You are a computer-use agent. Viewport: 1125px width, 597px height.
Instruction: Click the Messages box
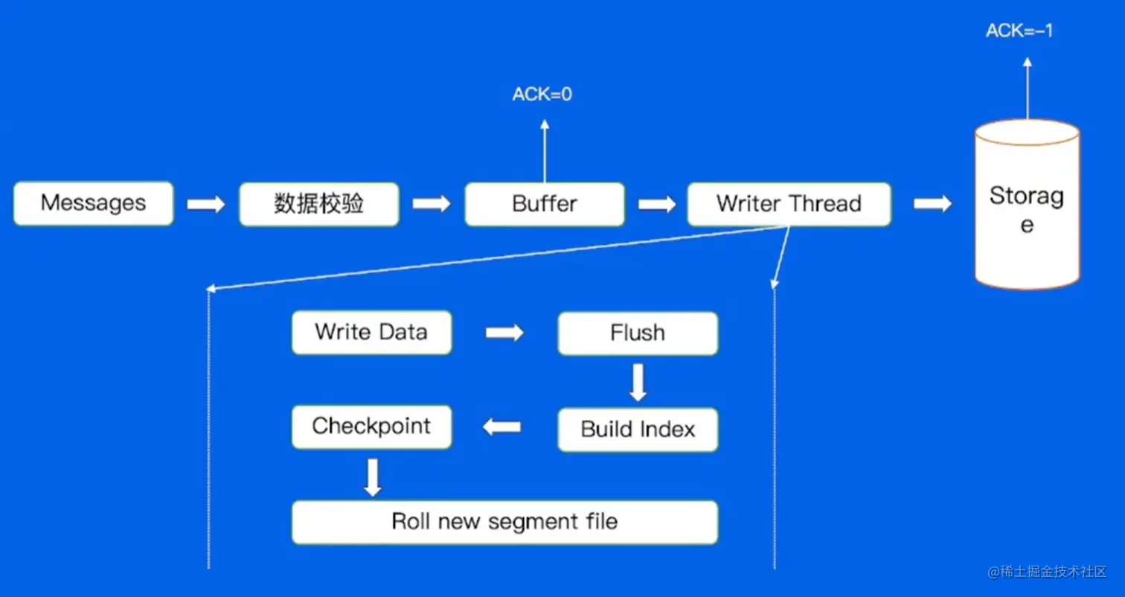pyautogui.click(x=93, y=203)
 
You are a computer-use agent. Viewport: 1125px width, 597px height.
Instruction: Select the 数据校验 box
pyautogui.click(x=318, y=204)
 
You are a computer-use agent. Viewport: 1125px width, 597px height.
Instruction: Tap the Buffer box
pyautogui.click(x=545, y=204)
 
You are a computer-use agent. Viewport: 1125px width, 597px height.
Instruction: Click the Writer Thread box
pyautogui.click(x=789, y=204)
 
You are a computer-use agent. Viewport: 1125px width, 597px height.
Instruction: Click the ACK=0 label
pyautogui.click(x=542, y=95)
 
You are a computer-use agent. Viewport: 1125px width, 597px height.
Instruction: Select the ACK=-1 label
pyautogui.click(x=1019, y=31)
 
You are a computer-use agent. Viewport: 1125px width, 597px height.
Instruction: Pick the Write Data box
pyautogui.click(x=371, y=332)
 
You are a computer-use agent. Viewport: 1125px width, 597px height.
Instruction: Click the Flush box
pyautogui.click(x=638, y=333)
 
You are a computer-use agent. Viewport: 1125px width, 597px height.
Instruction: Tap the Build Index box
pyautogui.click(x=638, y=430)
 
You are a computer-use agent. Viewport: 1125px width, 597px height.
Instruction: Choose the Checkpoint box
pyautogui.click(x=371, y=427)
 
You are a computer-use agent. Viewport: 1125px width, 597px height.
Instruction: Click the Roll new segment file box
pyautogui.click(x=504, y=521)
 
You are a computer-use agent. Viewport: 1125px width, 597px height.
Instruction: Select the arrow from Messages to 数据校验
pyautogui.click(x=205, y=204)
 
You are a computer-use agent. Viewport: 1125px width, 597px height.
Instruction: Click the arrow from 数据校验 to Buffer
pyautogui.click(x=432, y=204)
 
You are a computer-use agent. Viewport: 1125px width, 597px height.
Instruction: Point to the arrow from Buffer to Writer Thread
pyautogui.click(x=656, y=204)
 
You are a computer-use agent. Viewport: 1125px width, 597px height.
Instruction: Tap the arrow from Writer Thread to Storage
pyautogui.click(x=932, y=204)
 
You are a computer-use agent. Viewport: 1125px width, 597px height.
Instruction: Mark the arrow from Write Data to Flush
pyautogui.click(x=504, y=333)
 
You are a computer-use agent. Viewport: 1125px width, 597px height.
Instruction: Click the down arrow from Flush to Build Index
pyautogui.click(x=638, y=381)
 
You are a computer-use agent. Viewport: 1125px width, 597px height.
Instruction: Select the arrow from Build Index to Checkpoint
pyautogui.click(x=502, y=427)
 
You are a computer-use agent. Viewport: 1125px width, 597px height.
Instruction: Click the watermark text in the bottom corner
pyautogui.click(x=1048, y=572)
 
